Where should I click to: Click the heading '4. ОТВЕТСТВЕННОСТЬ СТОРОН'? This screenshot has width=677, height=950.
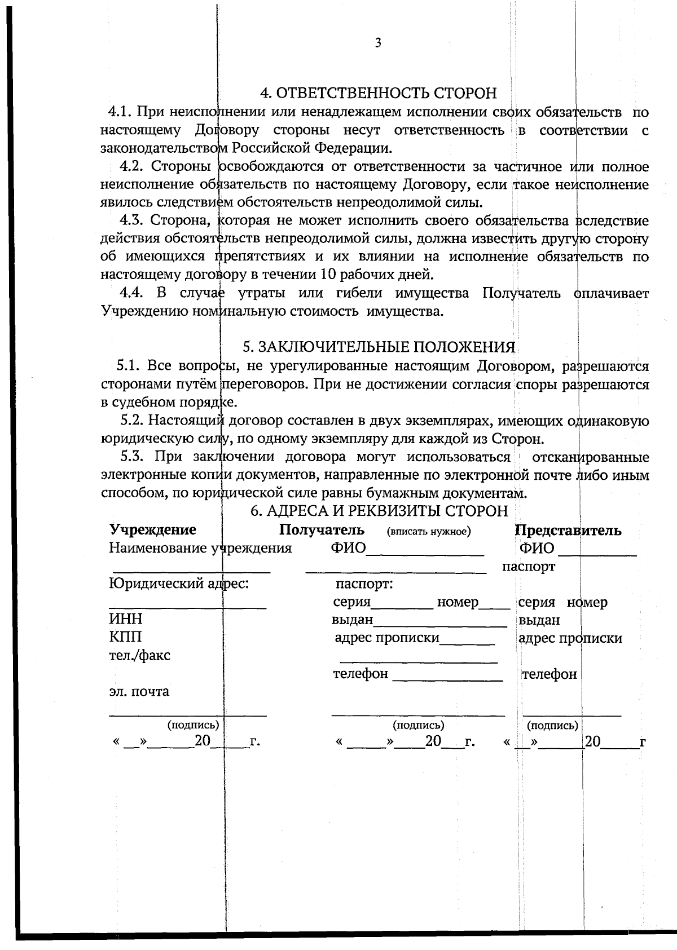coord(378,93)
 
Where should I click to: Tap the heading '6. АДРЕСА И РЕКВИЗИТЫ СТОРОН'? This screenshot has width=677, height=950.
coord(379,511)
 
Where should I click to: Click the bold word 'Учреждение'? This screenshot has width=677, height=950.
coord(153,530)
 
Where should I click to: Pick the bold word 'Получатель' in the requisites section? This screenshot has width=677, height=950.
coord(322,530)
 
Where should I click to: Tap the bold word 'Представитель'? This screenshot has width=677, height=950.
coord(568,531)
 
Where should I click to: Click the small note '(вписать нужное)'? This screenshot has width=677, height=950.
coord(429,532)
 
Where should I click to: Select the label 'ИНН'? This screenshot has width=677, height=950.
coord(126,620)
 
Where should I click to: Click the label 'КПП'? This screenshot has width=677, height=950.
coord(126,637)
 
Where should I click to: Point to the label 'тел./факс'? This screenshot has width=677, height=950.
coord(139,656)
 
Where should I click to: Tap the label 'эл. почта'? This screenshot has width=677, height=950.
coord(139,692)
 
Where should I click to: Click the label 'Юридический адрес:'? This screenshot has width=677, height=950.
coord(179,584)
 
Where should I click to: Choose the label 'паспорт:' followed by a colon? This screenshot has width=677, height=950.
coord(364,584)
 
